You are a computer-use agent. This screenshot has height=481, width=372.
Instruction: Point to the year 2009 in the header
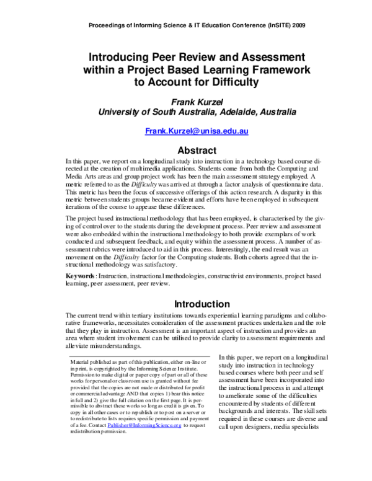[294, 25]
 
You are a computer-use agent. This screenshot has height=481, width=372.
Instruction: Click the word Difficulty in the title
[228, 81]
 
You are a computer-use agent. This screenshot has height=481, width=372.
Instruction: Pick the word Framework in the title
[271, 67]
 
